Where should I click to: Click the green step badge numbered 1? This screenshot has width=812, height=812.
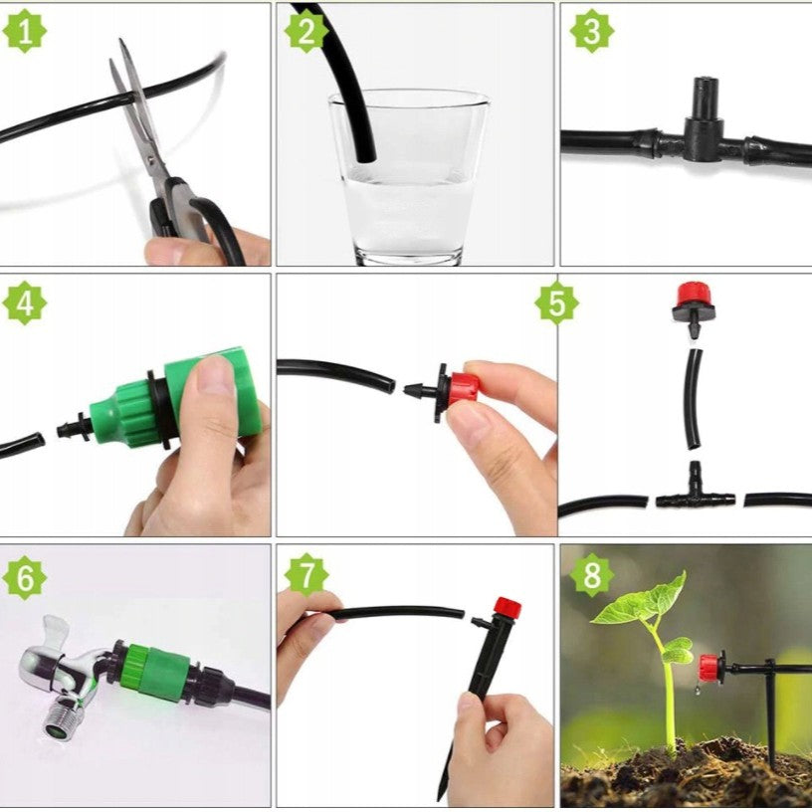(x=24, y=31)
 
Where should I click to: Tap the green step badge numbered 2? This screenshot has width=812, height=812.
(x=306, y=31)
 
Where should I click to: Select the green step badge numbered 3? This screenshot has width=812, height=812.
(x=592, y=31)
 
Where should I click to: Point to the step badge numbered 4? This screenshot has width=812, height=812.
(x=24, y=303)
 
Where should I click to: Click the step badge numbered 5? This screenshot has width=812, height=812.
(x=556, y=303)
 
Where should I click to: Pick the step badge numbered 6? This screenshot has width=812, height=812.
(x=24, y=578)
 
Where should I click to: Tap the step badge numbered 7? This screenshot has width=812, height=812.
(x=306, y=575)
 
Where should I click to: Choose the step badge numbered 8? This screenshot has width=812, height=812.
(x=592, y=575)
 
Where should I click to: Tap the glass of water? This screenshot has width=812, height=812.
(x=409, y=176)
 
